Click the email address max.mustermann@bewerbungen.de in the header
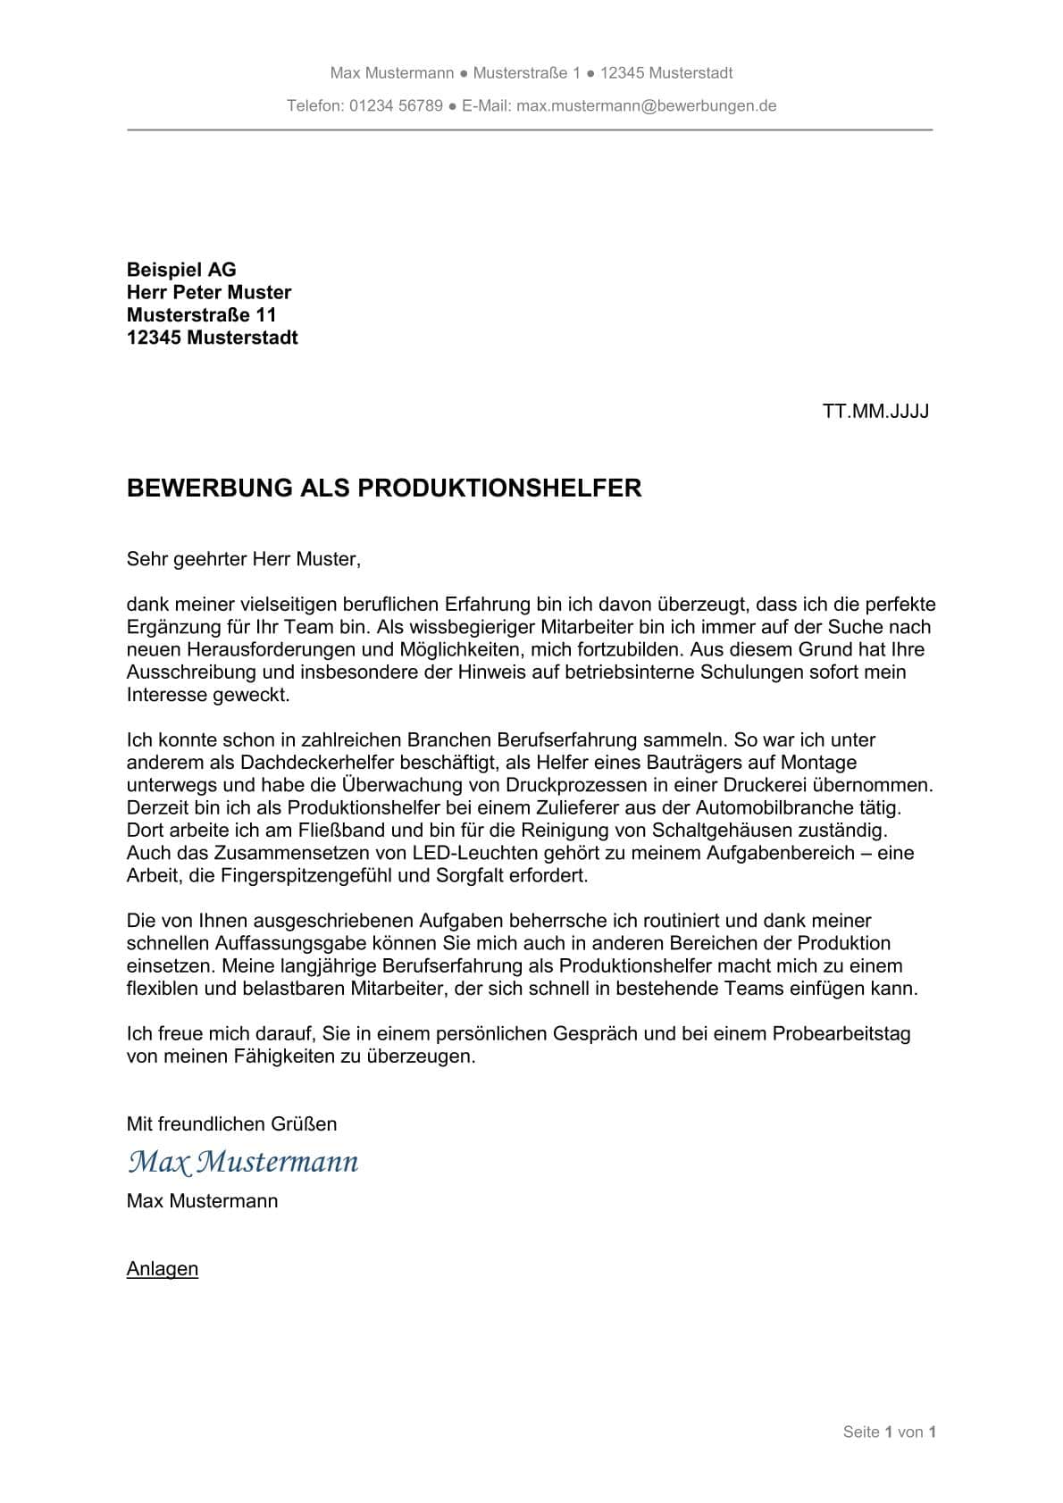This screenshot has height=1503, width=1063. [x=646, y=106]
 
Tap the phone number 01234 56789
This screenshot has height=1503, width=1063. [x=396, y=106]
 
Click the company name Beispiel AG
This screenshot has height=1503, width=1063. [x=181, y=270]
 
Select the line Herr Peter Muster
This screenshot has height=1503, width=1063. [x=209, y=293]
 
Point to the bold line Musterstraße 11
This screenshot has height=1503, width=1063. [x=202, y=315]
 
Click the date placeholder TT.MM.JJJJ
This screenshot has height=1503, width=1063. [x=875, y=412]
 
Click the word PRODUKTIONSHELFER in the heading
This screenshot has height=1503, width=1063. [x=499, y=488]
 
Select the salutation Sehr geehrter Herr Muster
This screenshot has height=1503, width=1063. [x=243, y=560]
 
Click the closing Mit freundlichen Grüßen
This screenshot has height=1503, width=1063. [x=231, y=1124]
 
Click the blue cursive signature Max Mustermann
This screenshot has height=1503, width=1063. [x=243, y=1162]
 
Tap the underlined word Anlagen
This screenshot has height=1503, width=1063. [x=163, y=1269]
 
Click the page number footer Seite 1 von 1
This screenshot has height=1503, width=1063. [x=889, y=1432]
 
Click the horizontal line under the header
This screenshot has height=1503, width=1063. [x=530, y=130]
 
